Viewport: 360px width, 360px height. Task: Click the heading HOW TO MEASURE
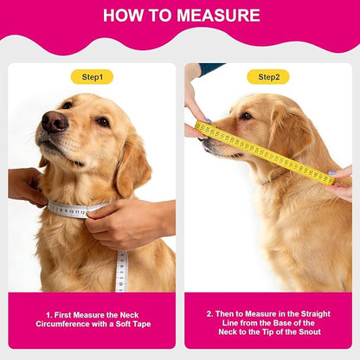pos(180,16)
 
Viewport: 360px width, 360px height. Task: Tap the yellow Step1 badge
pos(92,76)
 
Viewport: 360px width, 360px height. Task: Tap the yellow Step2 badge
pos(267,76)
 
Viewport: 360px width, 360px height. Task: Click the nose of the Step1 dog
pos(54,121)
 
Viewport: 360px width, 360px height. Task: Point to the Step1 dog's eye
pos(103,122)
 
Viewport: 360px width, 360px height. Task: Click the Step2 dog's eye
pos(247,115)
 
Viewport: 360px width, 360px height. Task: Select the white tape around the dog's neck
pos(74,209)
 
